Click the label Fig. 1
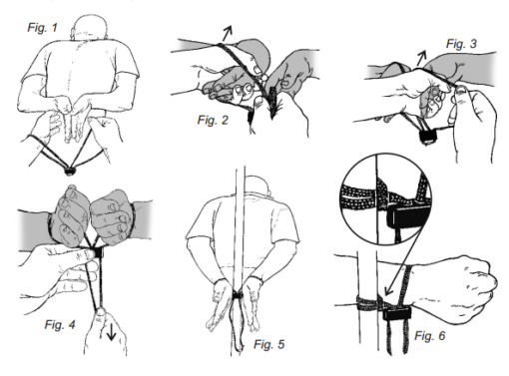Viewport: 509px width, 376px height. (42, 27)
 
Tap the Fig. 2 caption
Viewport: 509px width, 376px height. (213, 120)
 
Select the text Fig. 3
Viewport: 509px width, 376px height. (461, 44)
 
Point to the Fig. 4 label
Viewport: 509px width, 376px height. (60, 324)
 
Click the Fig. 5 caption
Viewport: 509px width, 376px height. (268, 344)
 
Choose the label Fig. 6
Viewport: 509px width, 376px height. (429, 336)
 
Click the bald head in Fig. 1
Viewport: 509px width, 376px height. (90, 27)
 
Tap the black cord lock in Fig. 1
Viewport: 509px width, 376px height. (70, 172)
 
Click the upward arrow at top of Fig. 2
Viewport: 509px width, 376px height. (227, 34)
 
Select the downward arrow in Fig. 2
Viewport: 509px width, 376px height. (273, 103)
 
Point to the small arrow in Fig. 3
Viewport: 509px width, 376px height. (421, 57)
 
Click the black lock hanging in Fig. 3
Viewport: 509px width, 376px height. (427, 137)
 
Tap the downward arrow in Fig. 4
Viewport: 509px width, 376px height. (111, 331)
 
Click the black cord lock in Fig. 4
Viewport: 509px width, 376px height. (98, 252)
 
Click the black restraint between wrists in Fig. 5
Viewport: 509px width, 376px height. (238, 295)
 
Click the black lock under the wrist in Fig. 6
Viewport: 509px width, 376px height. (397, 313)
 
